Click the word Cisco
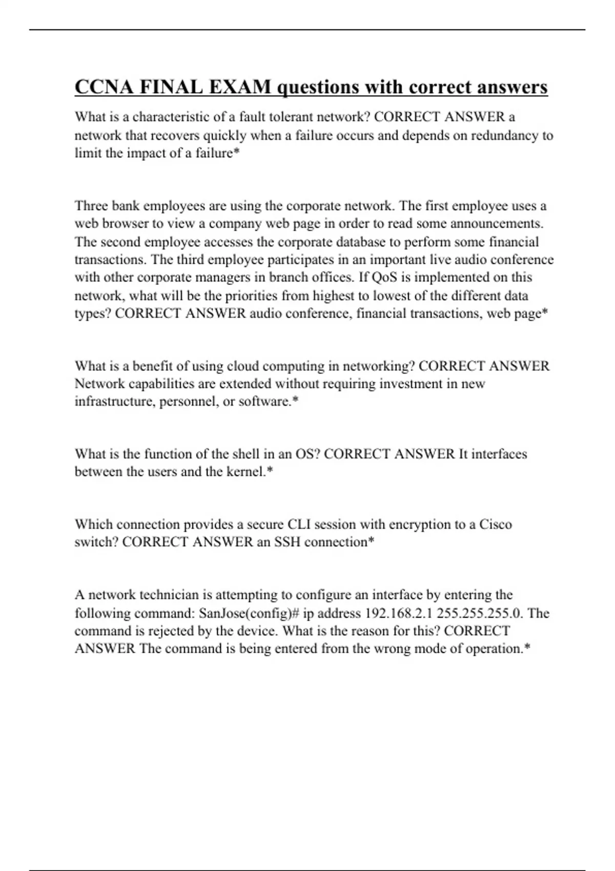(496, 525)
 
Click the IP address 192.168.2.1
(398, 613)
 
